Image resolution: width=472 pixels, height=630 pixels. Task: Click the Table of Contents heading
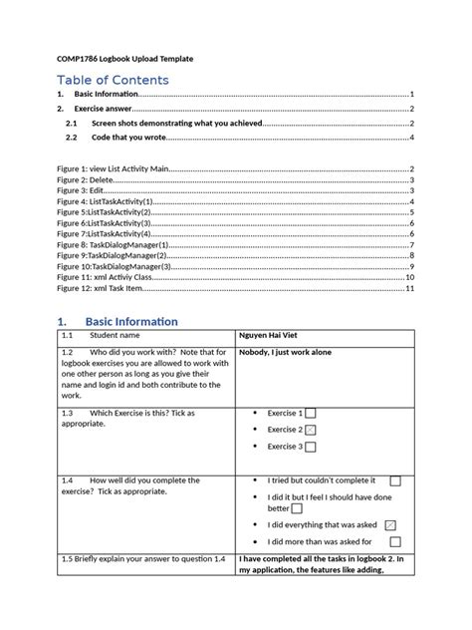(x=113, y=80)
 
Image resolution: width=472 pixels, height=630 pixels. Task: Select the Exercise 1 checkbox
(x=312, y=413)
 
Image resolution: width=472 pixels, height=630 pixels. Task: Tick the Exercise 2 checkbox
(x=312, y=429)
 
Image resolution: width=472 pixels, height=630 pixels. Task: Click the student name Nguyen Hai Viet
(x=273, y=336)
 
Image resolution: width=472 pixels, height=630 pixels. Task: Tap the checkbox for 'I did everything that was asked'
(x=389, y=524)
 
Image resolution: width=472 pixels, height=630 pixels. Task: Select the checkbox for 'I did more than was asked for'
(x=395, y=541)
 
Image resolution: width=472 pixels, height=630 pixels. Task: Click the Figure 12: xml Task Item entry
(x=101, y=288)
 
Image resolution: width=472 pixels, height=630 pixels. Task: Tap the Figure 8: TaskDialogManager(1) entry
(x=111, y=245)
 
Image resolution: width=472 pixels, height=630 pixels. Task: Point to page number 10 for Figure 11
(x=408, y=277)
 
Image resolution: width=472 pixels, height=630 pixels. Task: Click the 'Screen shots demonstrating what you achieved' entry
(x=175, y=123)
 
